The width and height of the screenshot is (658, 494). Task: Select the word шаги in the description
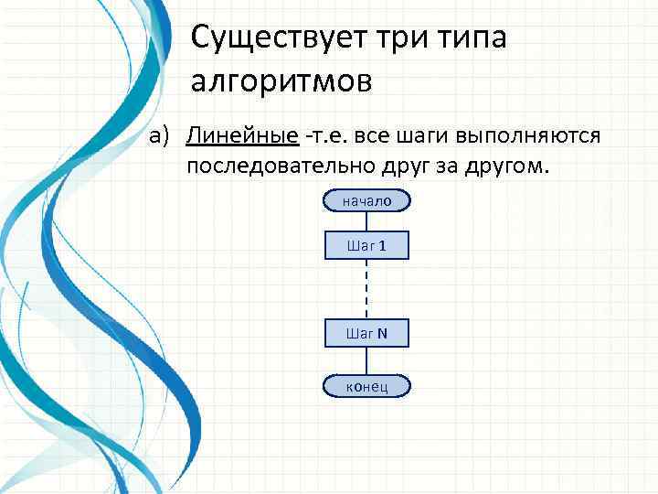pyautogui.click(x=425, y=136)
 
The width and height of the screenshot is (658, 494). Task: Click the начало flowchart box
pyautogui.click(x=366, y=200)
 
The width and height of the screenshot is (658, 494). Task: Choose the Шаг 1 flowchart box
pyautogui.click(x=366, y=245)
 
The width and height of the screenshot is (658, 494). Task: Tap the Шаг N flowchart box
pyautogui.click(x=366, y=333)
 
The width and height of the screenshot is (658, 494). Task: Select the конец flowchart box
pyautogui.click(x=366, y=386)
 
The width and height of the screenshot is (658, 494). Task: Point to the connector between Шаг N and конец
pyautogui.click(x=366, y=360)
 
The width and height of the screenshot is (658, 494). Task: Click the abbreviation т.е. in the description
pyautogui.click(x=324, y=136)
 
